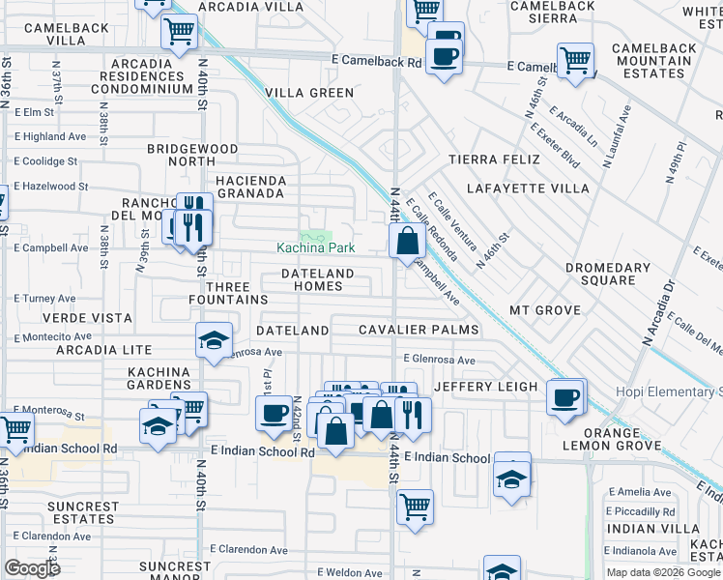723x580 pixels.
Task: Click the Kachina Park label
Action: coord(316,248)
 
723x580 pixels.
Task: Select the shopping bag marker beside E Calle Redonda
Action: coord(407,241)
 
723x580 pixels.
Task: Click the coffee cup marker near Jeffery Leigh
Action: coord(565,396)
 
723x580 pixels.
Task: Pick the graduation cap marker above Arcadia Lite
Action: coord(215,340)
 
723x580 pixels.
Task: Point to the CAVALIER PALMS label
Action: coord(419,330)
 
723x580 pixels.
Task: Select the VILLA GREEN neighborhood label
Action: coord(310,94)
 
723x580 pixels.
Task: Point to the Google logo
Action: coord(32,568)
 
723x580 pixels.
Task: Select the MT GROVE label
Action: coord(544,310)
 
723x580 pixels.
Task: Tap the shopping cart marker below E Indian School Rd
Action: coord(415,506)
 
